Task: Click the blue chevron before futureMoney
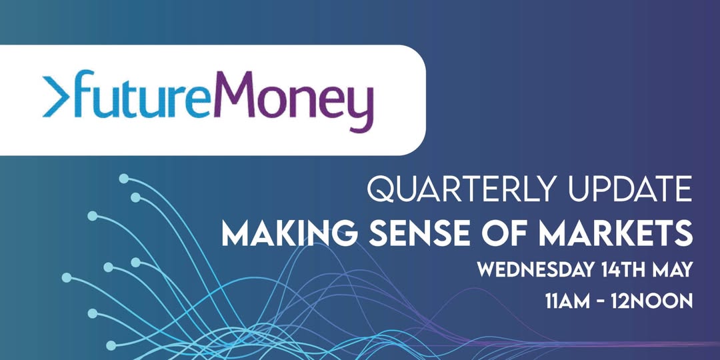click(x=56, y=97)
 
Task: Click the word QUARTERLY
click(x=465, y=189)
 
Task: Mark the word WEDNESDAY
click(x=535, y=270)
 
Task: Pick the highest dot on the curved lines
click(x=123, y=179)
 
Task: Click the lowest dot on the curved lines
click(x=111, y=345)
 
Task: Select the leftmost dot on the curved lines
click(x=67, y=277)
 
